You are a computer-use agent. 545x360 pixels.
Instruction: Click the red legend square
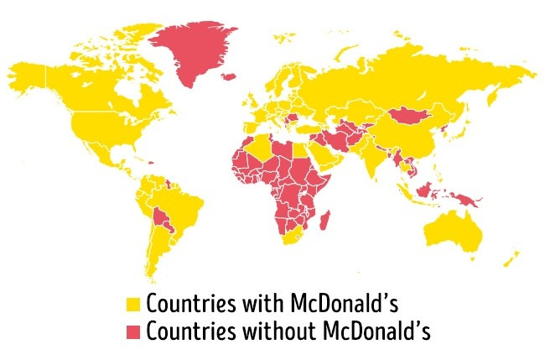[132, 331]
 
